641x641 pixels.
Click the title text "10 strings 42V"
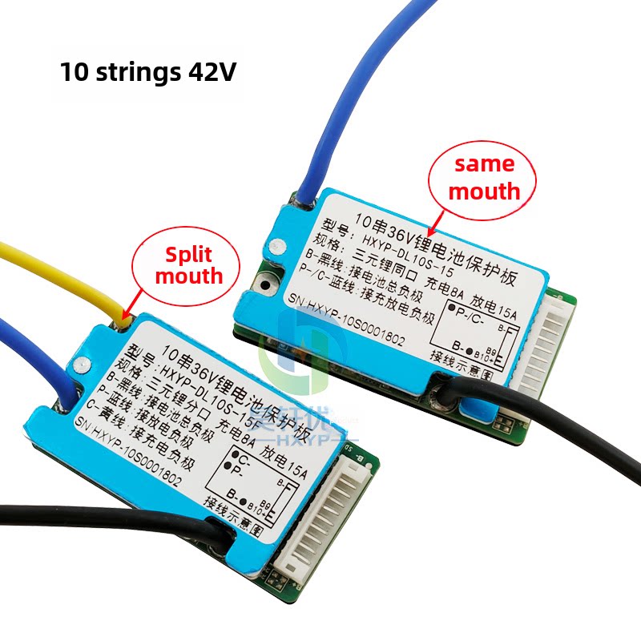[148, 72]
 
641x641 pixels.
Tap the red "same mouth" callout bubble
[484, 177]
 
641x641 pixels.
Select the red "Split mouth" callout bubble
[188, 265]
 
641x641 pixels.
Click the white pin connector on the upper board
[553, 345]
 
